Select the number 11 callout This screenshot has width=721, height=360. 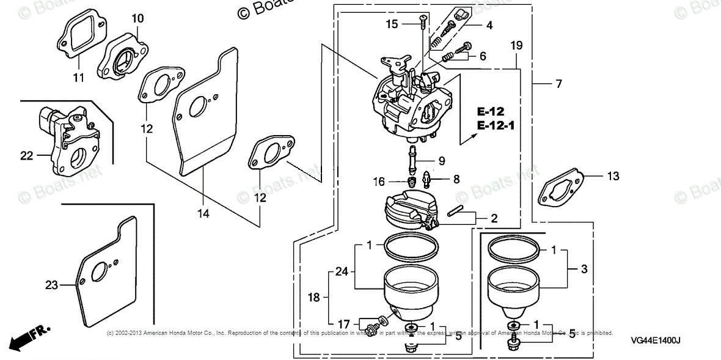tap(79, 77)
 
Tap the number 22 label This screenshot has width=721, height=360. tap(26, 156)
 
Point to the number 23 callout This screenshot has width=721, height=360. tap(52, 284)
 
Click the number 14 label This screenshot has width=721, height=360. tap(203, 213)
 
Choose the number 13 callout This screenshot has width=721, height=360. tap(613, 177)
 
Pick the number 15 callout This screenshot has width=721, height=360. tap(392, 24)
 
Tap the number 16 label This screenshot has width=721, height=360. tap(379, 182)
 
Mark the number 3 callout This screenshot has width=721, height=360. tap(585, 269)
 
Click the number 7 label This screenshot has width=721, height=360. tap(558, 84)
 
